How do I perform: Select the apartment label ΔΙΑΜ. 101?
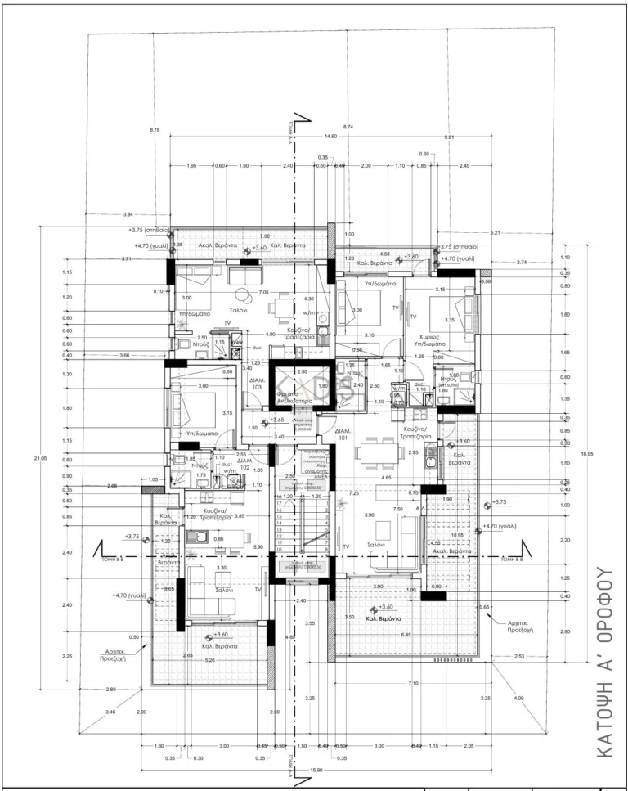tap(343, 433)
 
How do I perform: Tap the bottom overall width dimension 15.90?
tap(314, 768)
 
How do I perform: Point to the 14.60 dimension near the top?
tap(331, 136)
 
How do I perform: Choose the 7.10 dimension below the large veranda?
tap(413, 683)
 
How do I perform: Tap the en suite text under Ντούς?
tap(448, 385)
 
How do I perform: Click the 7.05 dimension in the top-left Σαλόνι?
tap(263, 292)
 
